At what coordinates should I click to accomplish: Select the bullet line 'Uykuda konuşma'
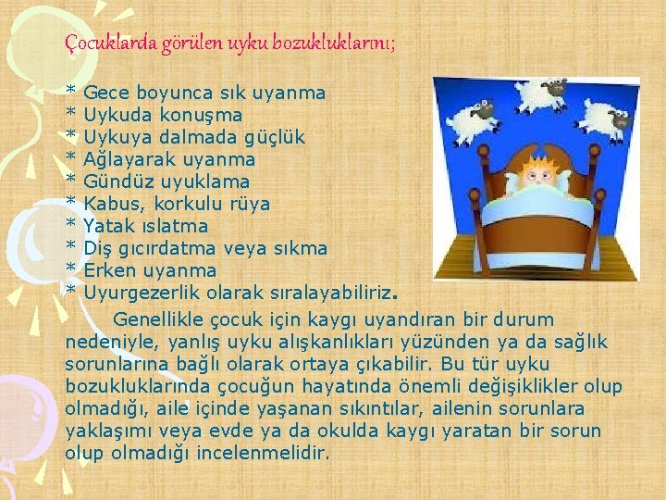(x=163, y=116)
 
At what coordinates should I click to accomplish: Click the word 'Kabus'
(x=110, y=205)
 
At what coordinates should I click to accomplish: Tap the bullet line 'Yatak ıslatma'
(x=146, y=227)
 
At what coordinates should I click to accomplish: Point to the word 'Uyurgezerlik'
(x=142, y=294)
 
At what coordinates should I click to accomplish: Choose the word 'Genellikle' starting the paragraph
(x=157, y=320)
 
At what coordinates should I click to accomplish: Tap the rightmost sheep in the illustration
(x=603, y=118)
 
